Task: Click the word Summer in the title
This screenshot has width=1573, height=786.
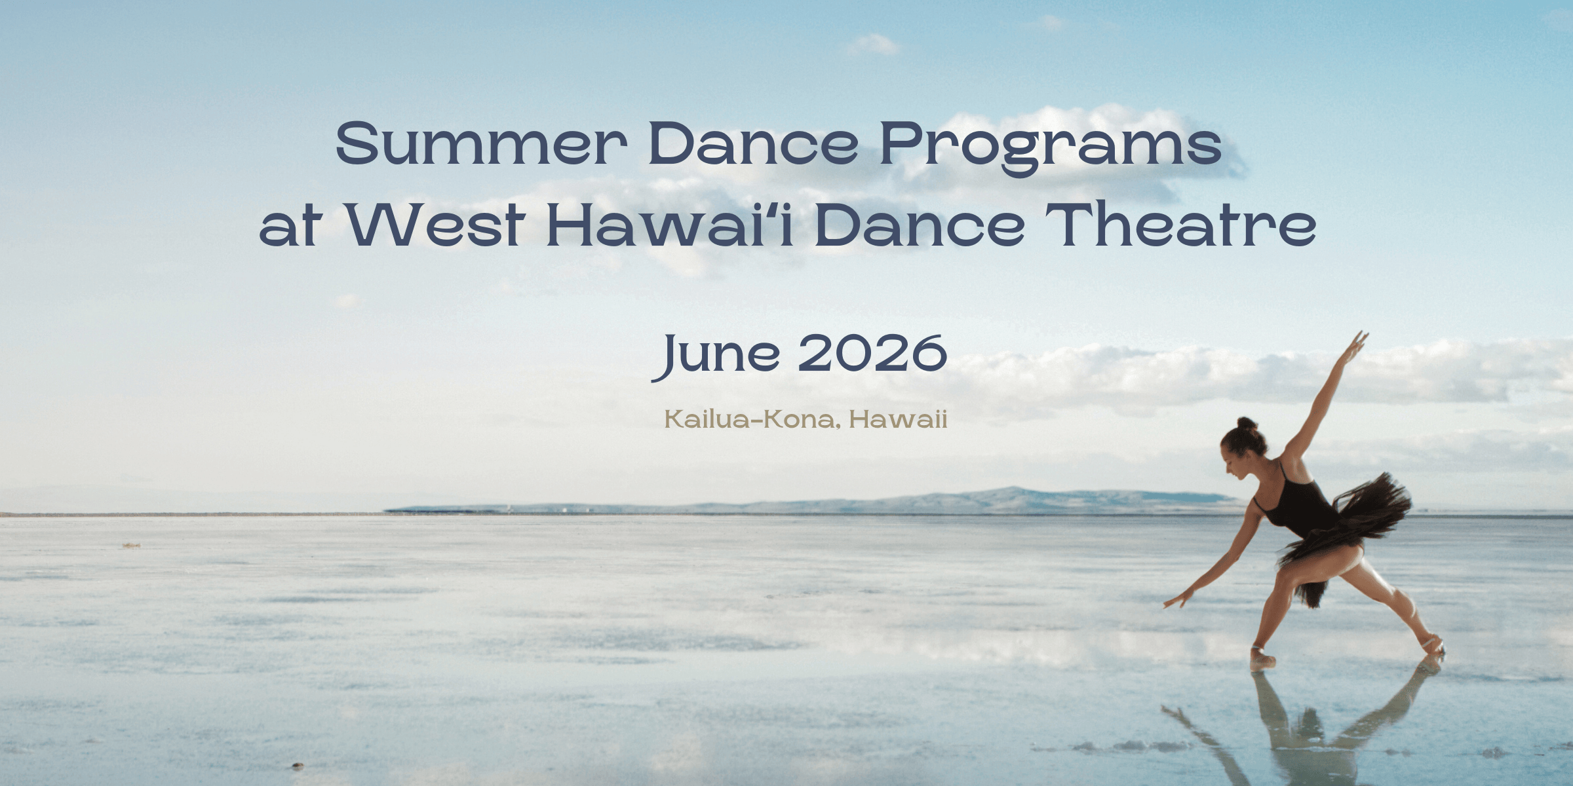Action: (x=481, y=143)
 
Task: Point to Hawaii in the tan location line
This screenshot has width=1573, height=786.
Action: (x=899, y=419)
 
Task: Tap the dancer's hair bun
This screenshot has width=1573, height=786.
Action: (x=1247, y=424)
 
